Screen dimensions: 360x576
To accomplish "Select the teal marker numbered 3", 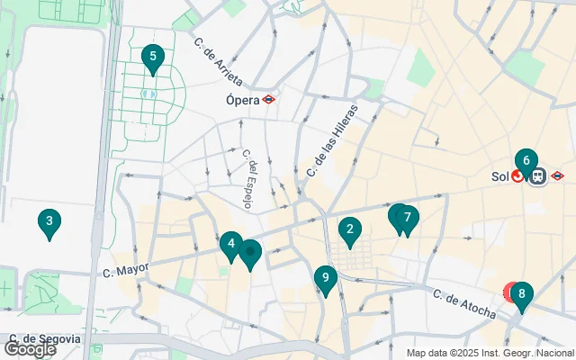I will click(x=49, y=221).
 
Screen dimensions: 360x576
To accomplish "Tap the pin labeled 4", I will click(x=231, y=244).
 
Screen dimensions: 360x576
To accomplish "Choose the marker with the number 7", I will click(x=408, y=218).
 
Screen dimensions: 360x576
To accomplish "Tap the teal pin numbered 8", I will click(x=521, y=294).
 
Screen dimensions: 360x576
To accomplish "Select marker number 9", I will click(x=326, y=279).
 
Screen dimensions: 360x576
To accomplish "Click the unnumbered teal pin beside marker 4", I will click(x=250, y=253).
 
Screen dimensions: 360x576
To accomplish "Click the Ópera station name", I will click(x=242, y=100).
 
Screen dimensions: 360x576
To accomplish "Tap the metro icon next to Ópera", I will click(x=269, y=100).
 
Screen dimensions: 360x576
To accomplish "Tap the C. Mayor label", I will click(x=124, y=269).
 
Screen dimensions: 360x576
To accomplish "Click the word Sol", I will click(x=499, y=176).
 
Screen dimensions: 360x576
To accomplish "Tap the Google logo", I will click(x=30, y=348).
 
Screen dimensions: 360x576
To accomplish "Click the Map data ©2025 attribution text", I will click(x=490, y=353).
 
